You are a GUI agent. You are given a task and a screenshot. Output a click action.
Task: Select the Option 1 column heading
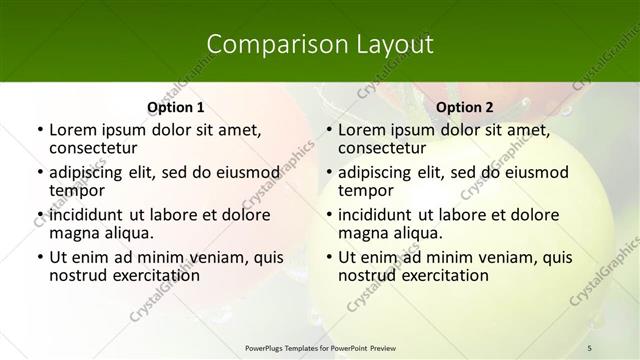tap(175, 107)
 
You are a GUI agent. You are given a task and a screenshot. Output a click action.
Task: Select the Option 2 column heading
tap(465, 107)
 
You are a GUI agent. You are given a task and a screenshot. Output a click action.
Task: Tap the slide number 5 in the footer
tap(590, 347)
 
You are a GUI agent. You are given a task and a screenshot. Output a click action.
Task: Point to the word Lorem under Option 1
tap(73, 130)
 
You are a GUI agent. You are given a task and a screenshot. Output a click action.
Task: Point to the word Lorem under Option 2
tap(362, 130)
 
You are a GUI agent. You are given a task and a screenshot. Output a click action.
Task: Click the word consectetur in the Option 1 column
tap(93, 149)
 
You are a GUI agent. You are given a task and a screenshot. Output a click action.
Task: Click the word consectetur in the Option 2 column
tap(382, 149)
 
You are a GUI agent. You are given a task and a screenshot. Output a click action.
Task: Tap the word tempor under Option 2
tap(365, 191)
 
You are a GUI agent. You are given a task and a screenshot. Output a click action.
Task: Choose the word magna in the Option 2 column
tap(361, 233)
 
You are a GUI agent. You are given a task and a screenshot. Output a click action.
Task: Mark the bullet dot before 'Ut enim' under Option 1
tap(39, 257)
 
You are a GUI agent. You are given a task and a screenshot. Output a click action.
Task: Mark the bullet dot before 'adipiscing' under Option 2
tap(328, 173)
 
